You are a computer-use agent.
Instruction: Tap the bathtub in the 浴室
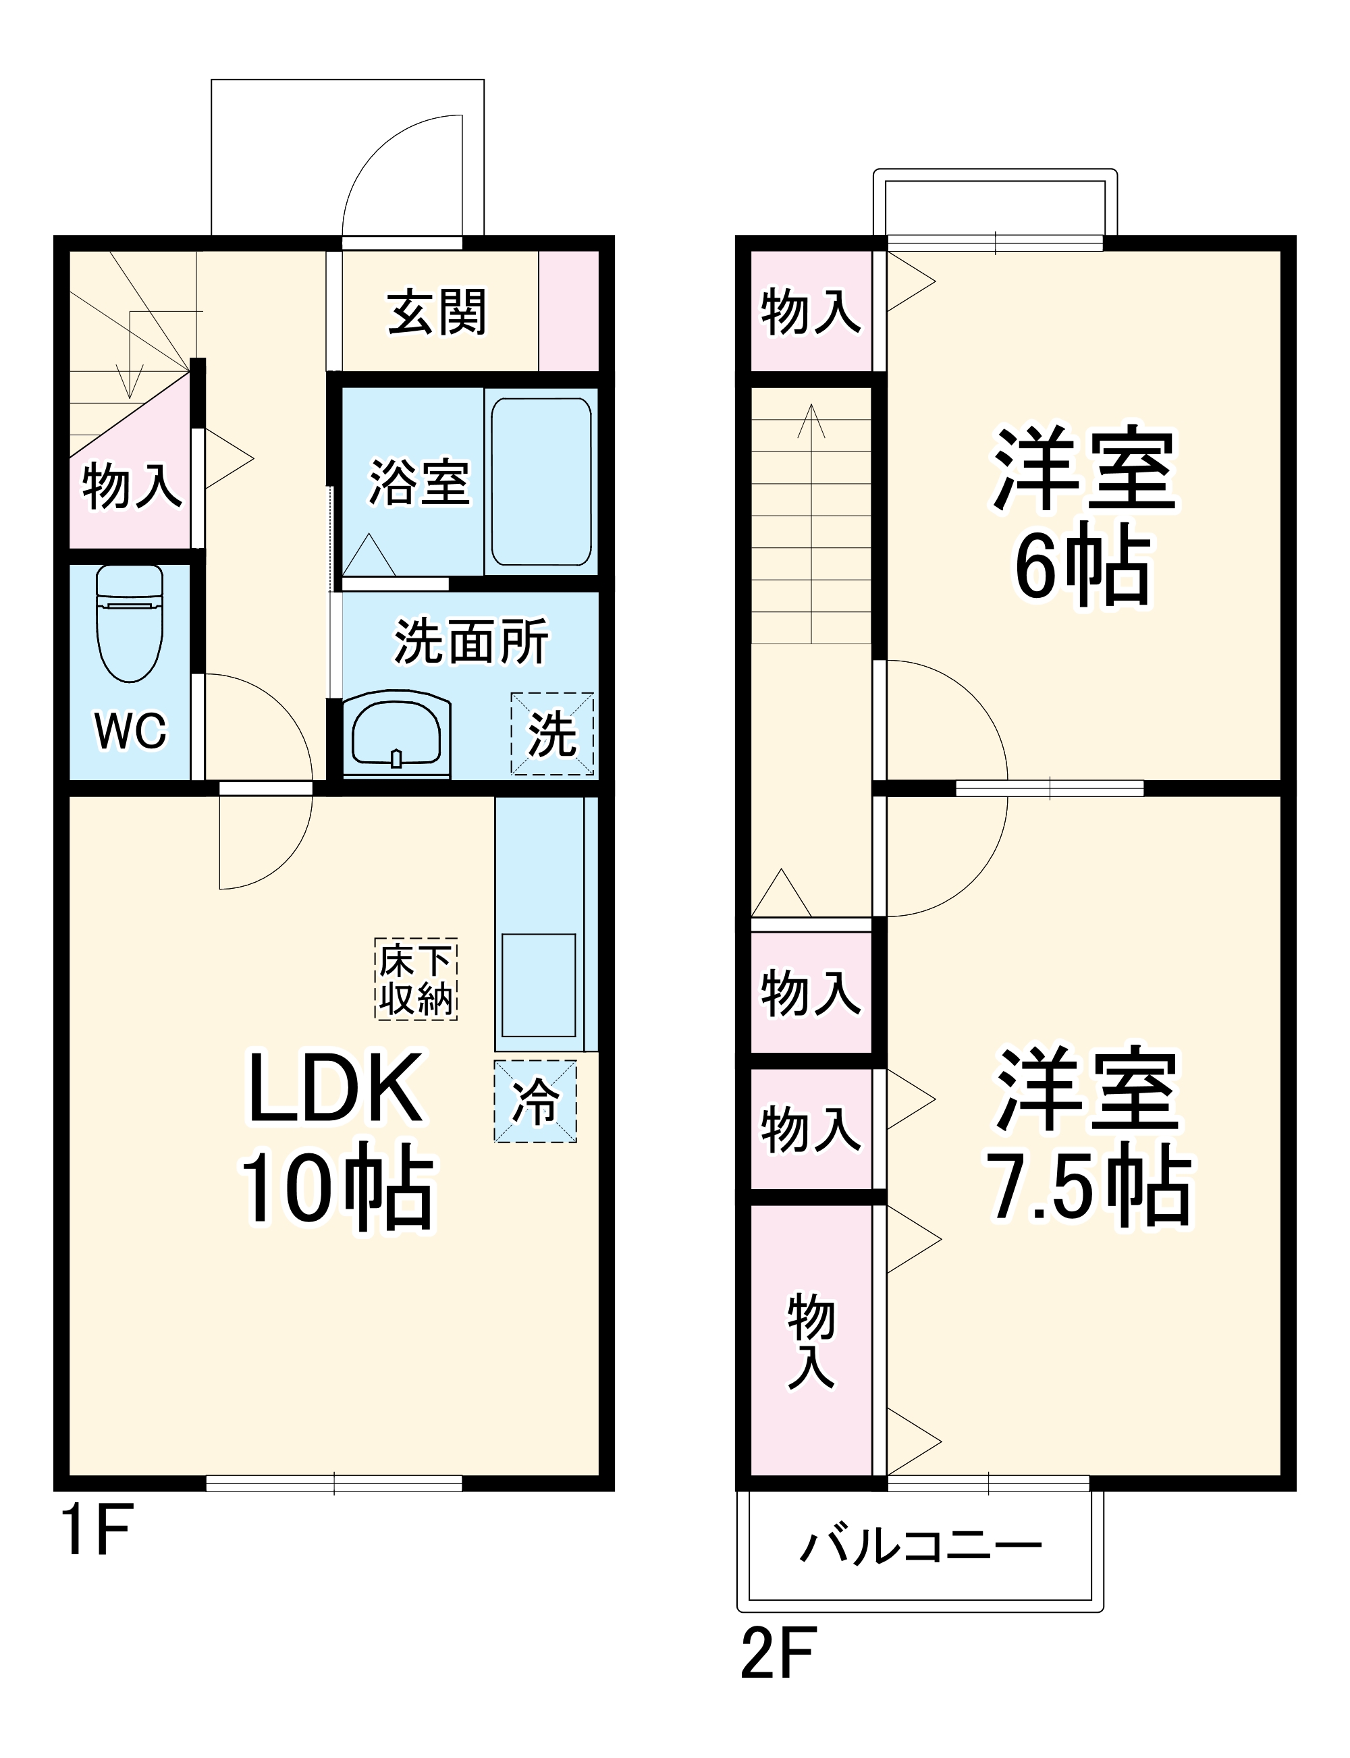541,481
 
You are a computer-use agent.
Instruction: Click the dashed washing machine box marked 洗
552,734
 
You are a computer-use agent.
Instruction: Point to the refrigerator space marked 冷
535,1101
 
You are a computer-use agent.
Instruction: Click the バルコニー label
921,1547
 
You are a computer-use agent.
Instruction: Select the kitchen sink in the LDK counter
539,985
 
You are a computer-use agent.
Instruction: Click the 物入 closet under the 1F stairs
131,485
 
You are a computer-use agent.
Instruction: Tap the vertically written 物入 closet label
811,1340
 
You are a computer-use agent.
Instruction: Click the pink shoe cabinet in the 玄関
568,311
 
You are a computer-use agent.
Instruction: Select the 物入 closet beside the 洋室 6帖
810,312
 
